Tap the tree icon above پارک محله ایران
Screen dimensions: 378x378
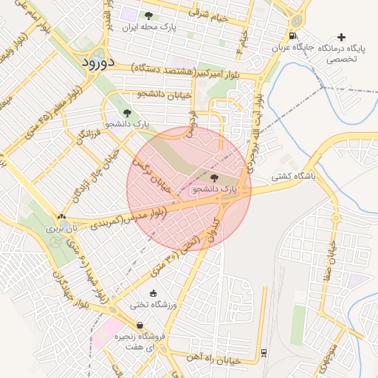[148, 16]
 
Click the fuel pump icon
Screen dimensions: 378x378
[295, 37]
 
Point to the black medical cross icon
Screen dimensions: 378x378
[341, 37]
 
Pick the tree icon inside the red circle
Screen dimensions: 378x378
[215, 178]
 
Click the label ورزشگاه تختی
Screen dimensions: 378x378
[151, 304]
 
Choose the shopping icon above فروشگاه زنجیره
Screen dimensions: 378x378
[140, 325]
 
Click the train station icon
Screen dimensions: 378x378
[264, 351]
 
